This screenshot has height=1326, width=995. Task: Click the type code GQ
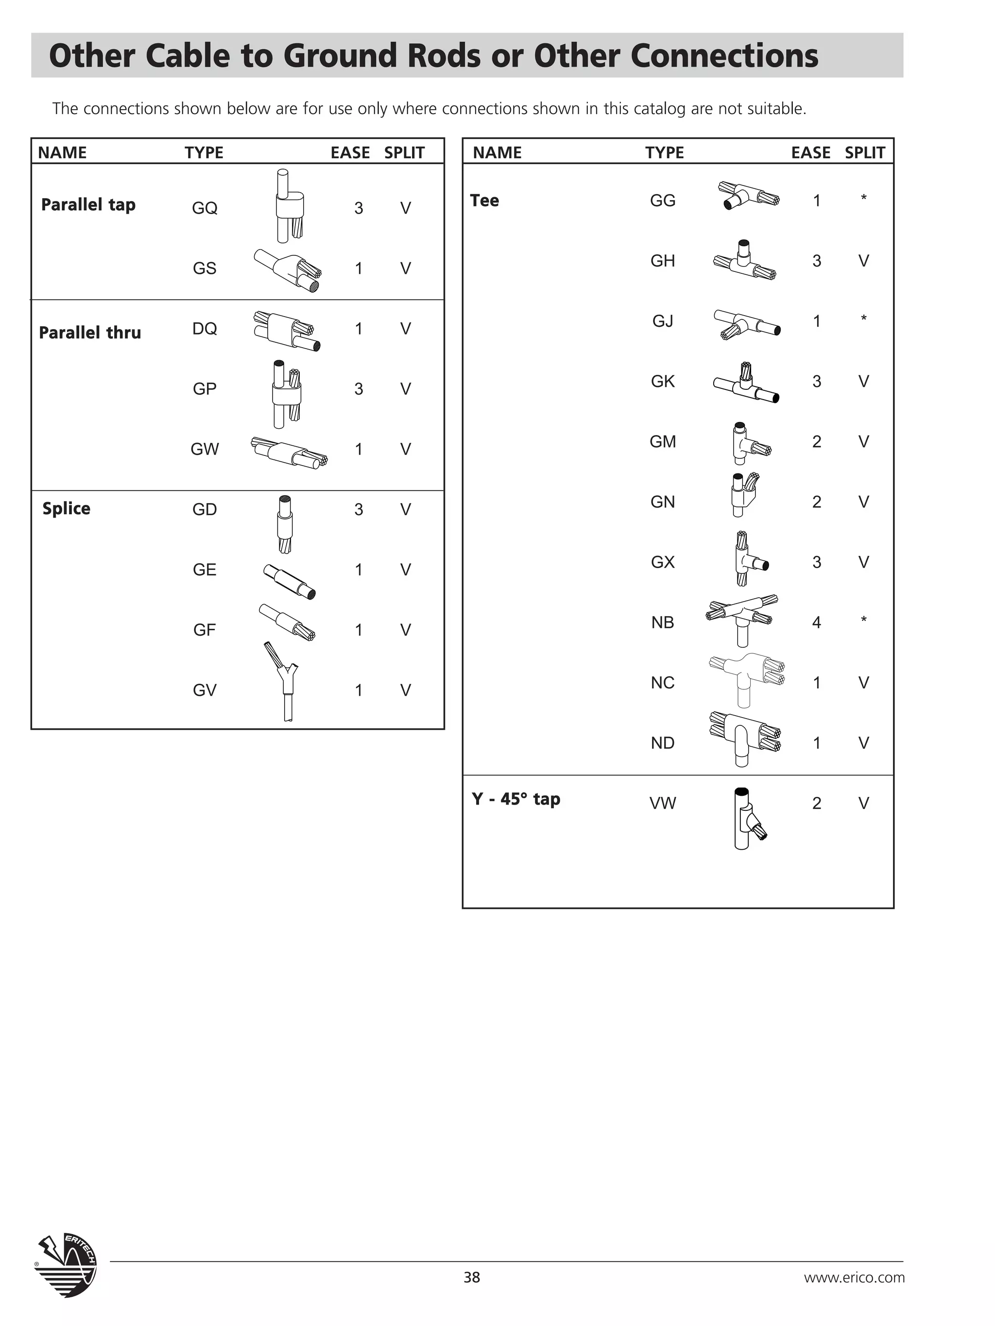pyautogui.click(x=205, y=208)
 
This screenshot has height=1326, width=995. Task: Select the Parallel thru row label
pyautogui.click(x=90, y=333)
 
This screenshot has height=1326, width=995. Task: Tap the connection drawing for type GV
pyautogui.click(x=283, y=682)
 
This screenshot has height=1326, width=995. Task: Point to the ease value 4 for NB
pyautogui.click(x=816, y=623)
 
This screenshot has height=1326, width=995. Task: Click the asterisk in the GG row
pyautogui.click(x=864, y=198)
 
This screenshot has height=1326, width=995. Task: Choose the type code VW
pyautogui.click(x=663, y=803)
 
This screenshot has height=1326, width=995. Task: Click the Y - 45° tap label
pyautogui.click(x=516, y=799)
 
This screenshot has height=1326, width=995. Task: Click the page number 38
pyautogui.click(x=471, y=1277)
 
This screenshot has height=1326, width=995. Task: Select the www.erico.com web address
pyautogui.click(x=854, y=1277)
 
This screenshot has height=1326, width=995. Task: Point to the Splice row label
pyautogui.click(x=67, y=509)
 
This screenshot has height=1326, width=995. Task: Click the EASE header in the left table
pyautogui.click(x=350, y=153)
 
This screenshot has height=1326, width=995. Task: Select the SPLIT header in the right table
pyautogui.click(x=865, y=153)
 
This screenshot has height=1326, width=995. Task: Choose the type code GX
pyautogui.click(x=663, y=562)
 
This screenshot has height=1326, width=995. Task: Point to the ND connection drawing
pyautogui.click(x=745, y=739)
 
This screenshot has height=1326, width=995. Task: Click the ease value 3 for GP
pyautogui.click(x=359, y=389)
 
